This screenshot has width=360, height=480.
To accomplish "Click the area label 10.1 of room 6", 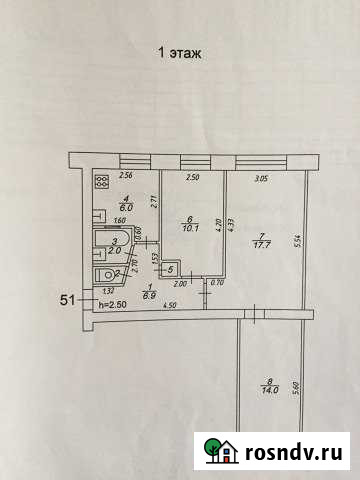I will click(x=188, y=225).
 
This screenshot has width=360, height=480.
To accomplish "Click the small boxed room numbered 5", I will click(x=169, y=268).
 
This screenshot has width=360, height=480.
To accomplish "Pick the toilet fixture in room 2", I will click(x=106, y=275).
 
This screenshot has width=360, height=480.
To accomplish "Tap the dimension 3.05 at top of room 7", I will click(x=262, y=178).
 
